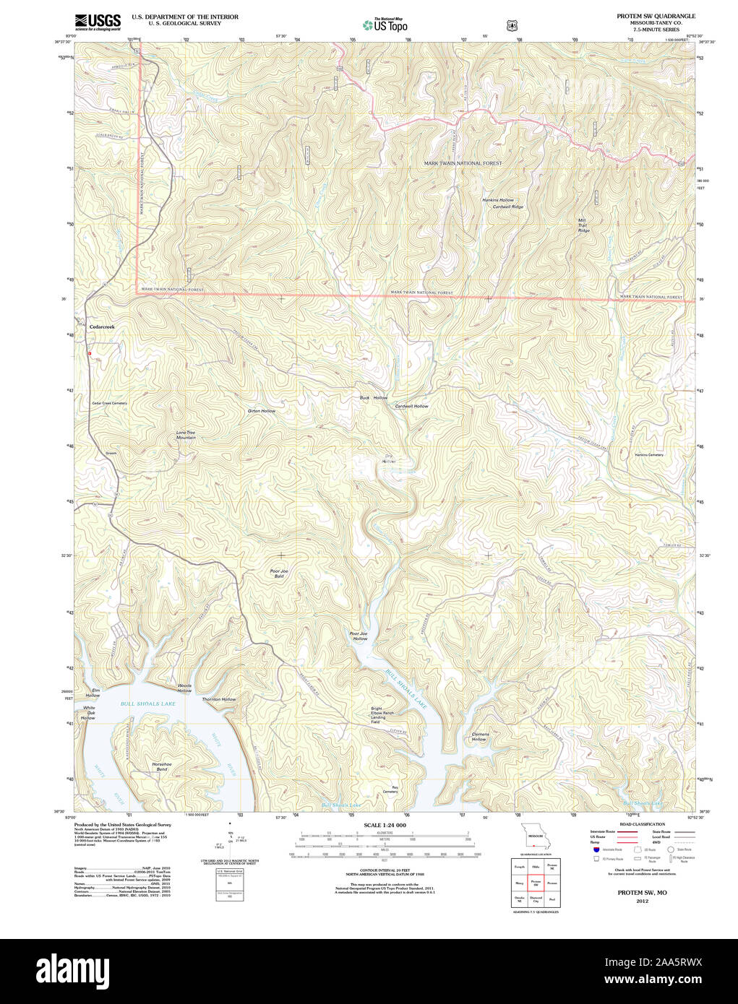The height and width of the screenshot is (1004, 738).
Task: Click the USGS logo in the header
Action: point(98,21)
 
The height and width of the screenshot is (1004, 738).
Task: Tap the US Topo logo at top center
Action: point(385,25)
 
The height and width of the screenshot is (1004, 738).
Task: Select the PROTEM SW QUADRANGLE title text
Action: point(656,16)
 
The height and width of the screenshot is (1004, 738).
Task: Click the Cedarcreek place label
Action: point(102,327)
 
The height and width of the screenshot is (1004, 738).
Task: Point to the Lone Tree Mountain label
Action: point(186,435)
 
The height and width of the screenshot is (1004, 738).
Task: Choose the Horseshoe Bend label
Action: point(162,766)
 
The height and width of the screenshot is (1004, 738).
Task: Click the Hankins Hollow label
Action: point(498,200)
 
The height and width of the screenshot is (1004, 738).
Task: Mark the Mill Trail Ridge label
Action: point(583,225)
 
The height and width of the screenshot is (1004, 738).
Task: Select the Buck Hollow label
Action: point(374,398)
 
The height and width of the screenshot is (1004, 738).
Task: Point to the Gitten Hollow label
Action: point(262,411)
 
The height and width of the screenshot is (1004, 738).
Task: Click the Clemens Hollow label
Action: point(479,737)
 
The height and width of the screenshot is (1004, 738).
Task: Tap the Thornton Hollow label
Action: point(219,699)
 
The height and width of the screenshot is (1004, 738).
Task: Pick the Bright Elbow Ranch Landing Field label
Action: point(382,715)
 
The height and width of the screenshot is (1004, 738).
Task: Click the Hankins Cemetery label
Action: point(649,455)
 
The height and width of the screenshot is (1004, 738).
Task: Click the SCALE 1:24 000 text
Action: point(385,825)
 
